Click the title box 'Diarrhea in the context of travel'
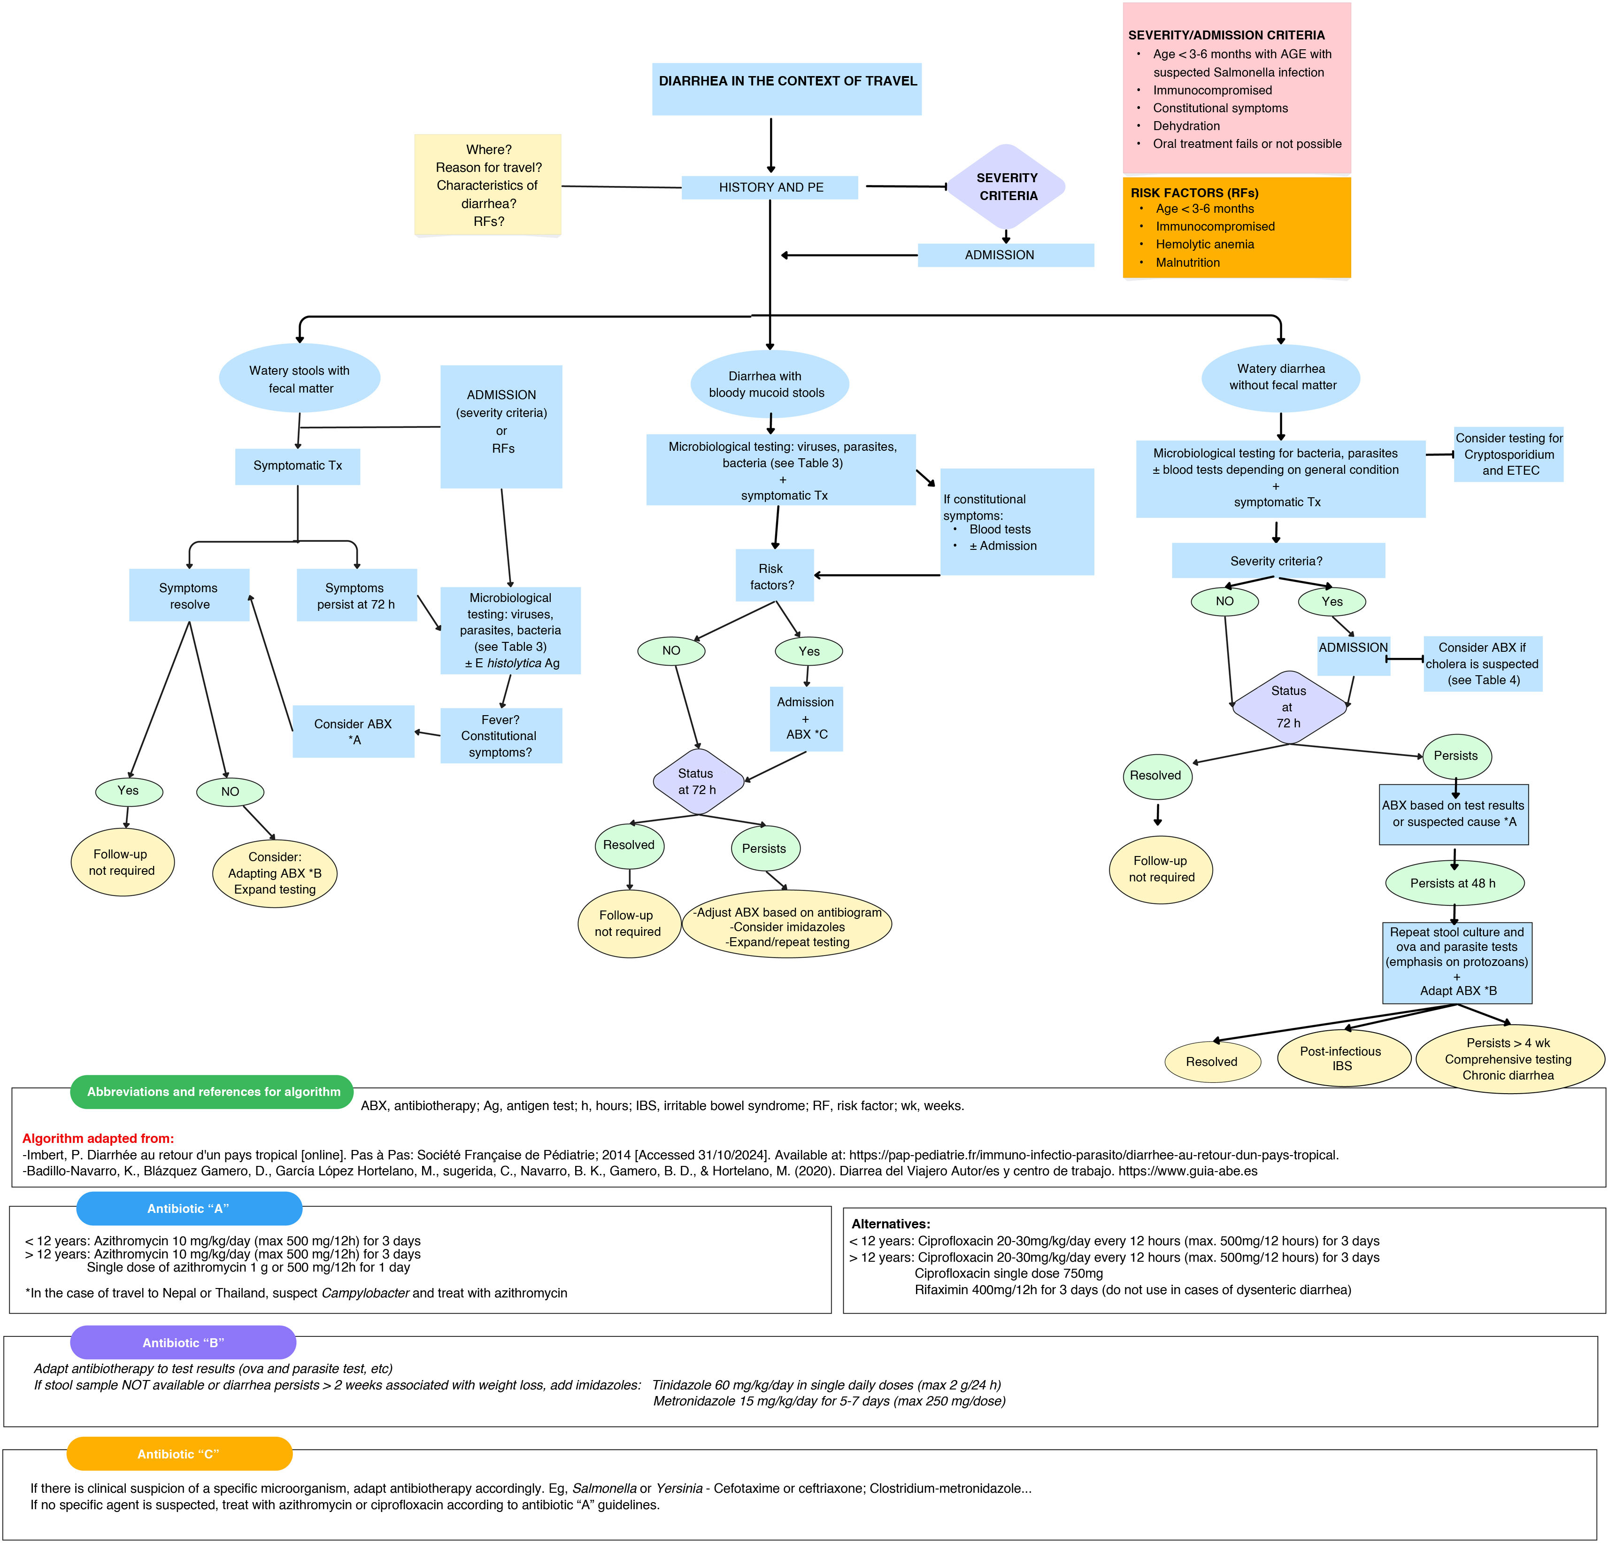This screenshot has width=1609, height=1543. coord(786,89)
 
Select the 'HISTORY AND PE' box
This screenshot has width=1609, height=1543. coord(770,187)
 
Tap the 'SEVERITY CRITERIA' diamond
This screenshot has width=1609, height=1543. coord(1007,186)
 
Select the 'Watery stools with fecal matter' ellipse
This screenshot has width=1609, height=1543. coord(300,378)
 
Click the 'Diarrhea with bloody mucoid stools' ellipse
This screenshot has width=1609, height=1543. coord(769,384)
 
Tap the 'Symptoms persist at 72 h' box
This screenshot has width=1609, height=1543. coord(356,595)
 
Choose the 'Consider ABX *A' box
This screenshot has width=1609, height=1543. coord(353,731)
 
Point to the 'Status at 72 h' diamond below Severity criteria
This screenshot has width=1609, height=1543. coord(1289,706)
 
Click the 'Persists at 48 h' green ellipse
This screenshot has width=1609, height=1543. coord(1454,883)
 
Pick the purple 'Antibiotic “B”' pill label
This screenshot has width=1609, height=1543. coord(183,1342)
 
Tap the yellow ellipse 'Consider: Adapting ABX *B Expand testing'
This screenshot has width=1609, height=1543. coord(275,873)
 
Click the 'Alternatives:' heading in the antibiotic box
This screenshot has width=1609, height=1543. coord(891,1224)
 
